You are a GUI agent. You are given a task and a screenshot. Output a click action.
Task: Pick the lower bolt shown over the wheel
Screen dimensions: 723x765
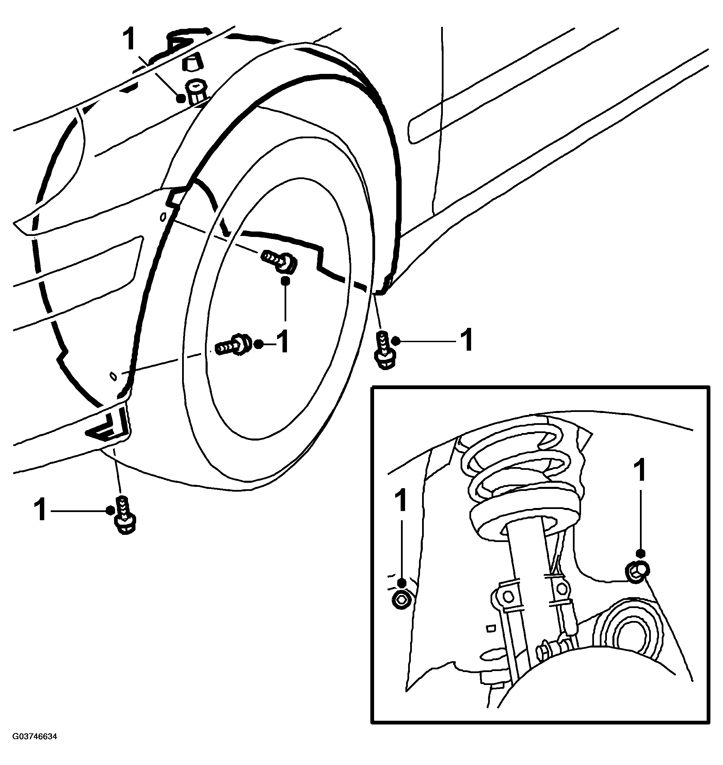pyautogui.click(x=233, y=344)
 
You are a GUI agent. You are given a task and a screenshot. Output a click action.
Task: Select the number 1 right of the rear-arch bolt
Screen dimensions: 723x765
pyautogui.click(x=466, y=340)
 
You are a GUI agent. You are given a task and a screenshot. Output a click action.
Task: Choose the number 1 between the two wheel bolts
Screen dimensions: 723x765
pyautogui.click(x=283, y=341)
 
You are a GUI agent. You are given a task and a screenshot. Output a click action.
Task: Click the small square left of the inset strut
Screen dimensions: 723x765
pyautogui.click(x=491, y=628)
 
